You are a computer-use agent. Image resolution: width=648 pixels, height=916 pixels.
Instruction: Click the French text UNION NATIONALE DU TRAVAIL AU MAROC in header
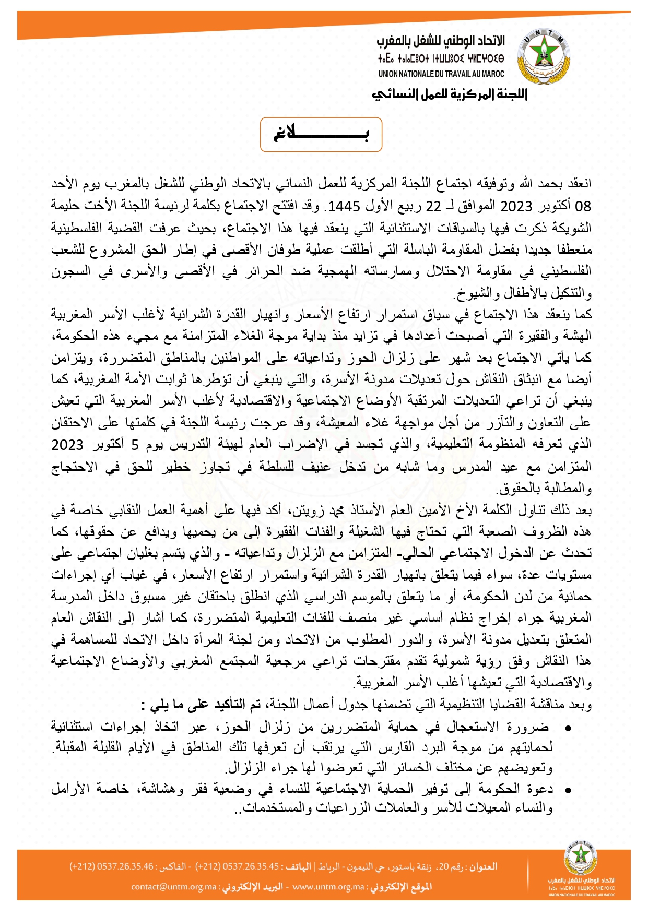tap(441, 74)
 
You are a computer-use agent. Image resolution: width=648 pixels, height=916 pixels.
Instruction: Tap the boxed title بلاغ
tap(321, 135)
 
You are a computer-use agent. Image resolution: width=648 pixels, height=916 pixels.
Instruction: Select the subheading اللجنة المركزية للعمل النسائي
tap(450, 94)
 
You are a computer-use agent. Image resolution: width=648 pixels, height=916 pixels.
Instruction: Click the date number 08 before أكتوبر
tap(583, 206)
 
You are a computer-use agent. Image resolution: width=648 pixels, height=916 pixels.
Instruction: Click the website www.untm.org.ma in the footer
tap(328, 887)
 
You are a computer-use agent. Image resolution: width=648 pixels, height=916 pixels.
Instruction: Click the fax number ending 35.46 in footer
tap(112, 866)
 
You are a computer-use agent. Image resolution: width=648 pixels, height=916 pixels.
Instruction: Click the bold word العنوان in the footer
tap(482, 866)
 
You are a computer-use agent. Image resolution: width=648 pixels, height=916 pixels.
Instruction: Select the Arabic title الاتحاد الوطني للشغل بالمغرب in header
tap(441, 41)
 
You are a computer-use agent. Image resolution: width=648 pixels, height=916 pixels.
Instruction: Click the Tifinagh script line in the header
tap(441, 58)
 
